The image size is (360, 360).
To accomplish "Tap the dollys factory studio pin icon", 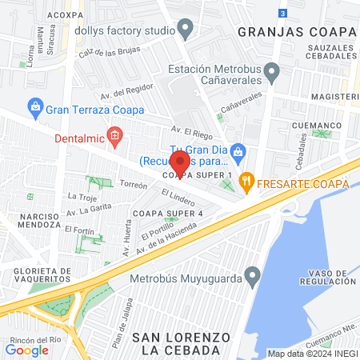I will coord(186,30).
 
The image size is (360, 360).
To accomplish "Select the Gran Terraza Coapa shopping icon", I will coord(35,106).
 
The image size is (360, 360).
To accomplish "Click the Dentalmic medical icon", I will coord(115,137).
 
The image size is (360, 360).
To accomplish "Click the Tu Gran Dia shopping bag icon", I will coord(238,151).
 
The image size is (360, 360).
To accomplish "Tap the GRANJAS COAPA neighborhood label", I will coord(296,31).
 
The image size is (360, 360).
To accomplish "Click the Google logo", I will coord(27,350).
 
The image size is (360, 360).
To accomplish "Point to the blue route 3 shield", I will coord(282,13).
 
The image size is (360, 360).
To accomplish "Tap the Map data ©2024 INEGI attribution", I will coord(311,354).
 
